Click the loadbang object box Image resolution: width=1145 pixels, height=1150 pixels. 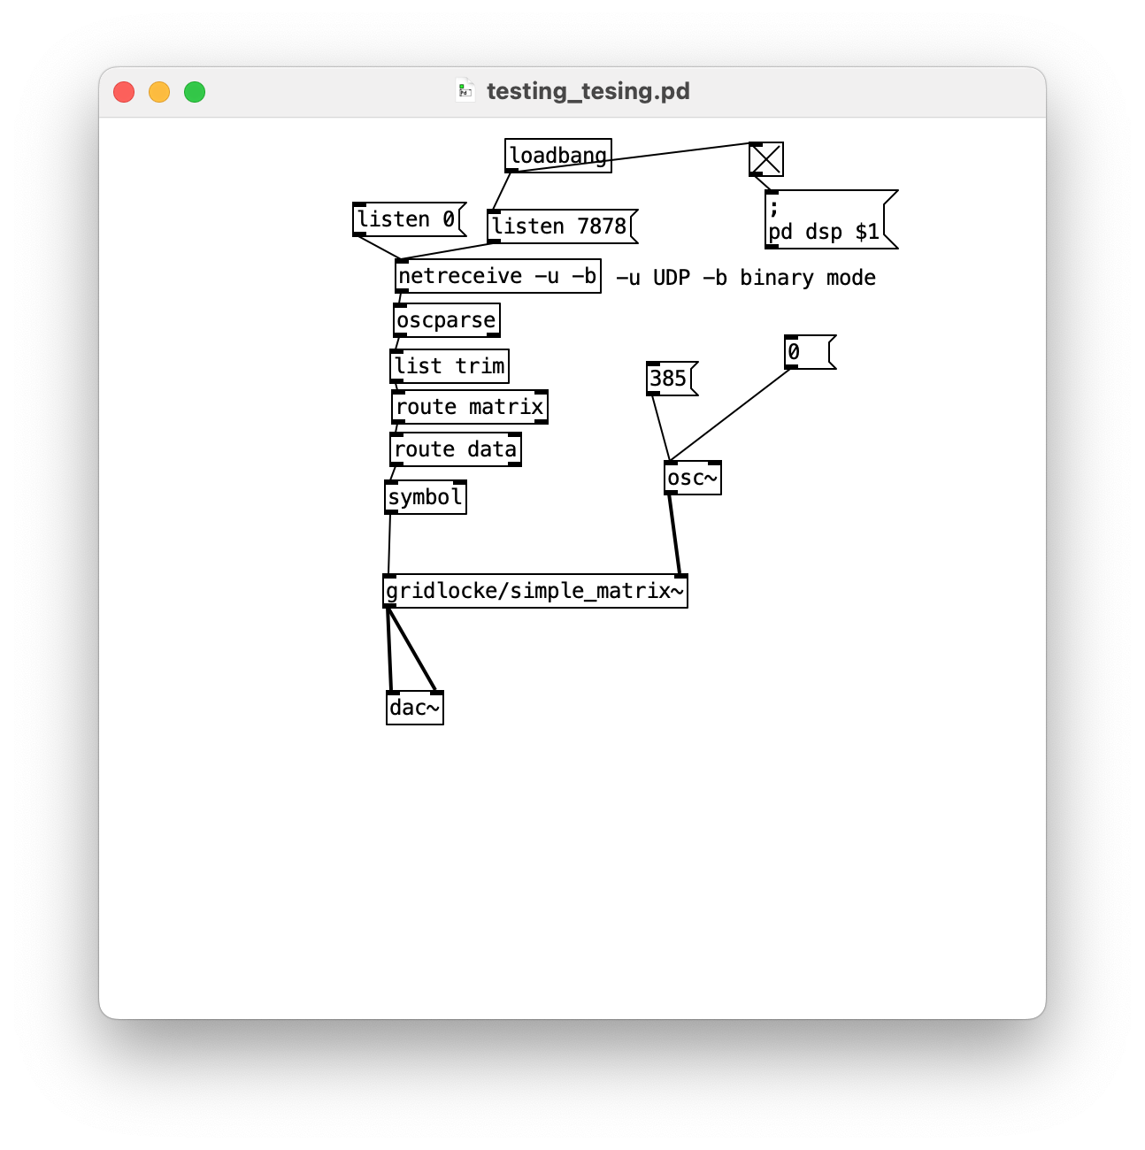point(557,156)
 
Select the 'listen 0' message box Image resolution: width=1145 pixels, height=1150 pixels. point(407,219)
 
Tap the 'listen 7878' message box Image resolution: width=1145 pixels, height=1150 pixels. point(560,226)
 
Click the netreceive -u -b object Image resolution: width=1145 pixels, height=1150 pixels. point(497,276)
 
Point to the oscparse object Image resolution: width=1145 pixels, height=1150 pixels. point(446,320)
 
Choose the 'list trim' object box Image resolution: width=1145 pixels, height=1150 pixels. point(450,366)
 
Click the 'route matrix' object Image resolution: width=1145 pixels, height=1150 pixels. point(469,407)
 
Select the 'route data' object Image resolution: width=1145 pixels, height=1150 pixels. point(455,449)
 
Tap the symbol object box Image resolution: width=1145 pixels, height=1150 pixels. point(425,497)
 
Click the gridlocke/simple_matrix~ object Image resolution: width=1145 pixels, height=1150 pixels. point(534,591)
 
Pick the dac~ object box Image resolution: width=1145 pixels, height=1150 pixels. point(414,708)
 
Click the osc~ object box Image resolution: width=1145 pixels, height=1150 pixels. point(692,479)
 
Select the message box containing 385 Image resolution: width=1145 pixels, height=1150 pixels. point(670,379)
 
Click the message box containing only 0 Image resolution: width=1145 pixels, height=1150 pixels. point(808,352)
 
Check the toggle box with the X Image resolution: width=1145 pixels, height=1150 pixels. point(765,159)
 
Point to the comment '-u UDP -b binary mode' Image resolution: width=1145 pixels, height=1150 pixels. point(745,278)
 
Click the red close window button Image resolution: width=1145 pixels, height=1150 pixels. point(124,92)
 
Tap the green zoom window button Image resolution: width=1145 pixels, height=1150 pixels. point(195,92)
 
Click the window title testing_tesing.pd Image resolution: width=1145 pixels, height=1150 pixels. point(588,91)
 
